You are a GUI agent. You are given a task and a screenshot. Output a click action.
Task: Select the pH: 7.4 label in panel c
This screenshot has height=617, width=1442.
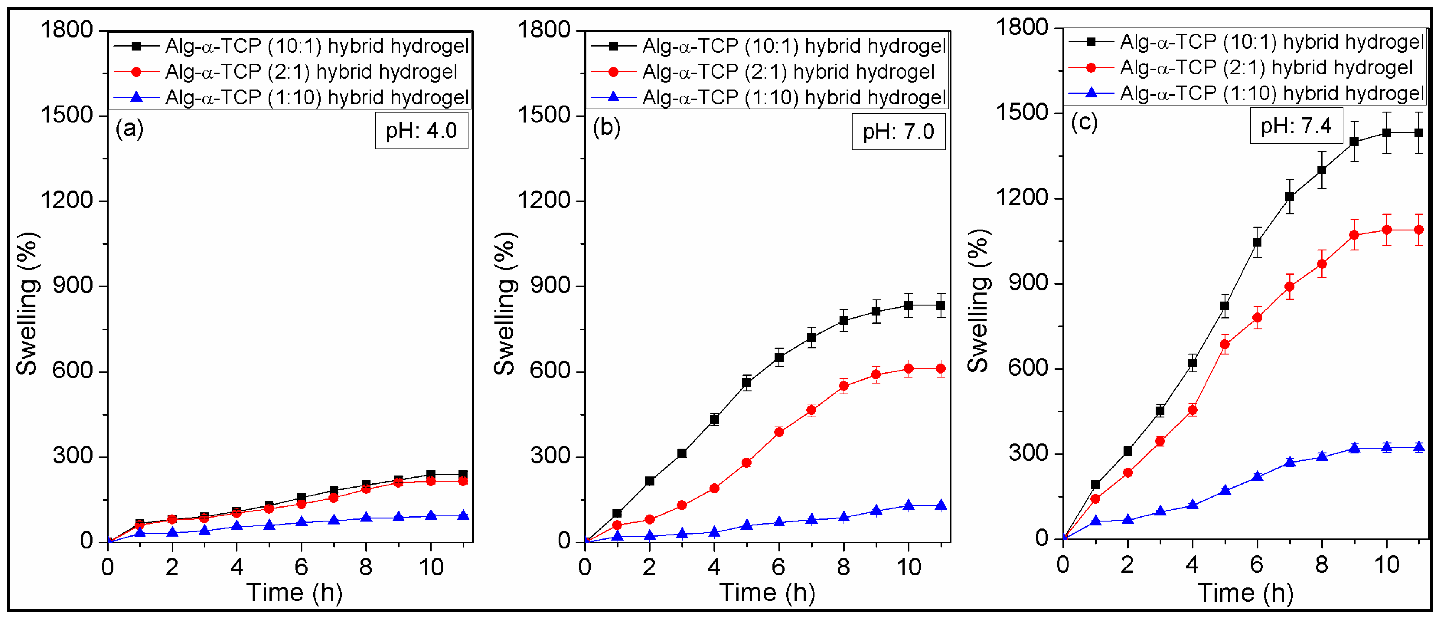(1296, 126)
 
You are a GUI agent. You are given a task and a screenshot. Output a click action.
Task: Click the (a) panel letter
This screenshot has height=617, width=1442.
(129, 129)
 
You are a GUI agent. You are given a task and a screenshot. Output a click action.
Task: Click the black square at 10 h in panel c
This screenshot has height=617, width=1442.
(1386, 132)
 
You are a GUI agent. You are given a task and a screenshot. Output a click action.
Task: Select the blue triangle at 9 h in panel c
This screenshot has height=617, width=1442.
(1355, 448)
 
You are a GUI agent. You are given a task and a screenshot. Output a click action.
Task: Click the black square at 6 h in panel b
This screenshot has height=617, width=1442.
(779, 357)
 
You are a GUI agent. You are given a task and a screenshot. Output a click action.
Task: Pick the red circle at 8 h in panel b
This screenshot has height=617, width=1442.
(844, 386)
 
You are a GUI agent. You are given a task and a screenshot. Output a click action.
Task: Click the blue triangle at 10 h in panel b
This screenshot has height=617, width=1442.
(909, 505)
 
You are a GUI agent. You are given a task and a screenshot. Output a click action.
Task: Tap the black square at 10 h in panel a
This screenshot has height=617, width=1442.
(431, 474)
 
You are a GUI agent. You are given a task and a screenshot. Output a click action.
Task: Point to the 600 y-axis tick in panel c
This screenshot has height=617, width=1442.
(1028, 368)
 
